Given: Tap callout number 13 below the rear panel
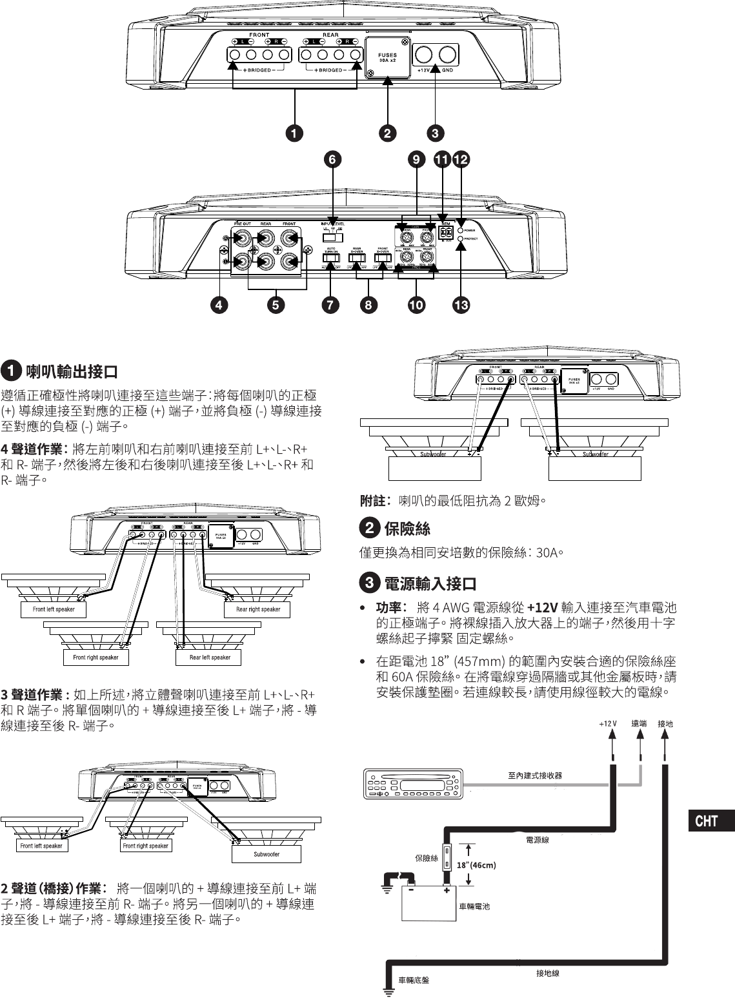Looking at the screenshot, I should (461, 304).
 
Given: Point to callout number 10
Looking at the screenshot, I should (416, 304).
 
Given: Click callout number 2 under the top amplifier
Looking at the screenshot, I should (387, 133).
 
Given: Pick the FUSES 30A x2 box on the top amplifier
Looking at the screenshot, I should (388, 57).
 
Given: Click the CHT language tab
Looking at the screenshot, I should (707, 821).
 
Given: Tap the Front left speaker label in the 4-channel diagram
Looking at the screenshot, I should (54, 609).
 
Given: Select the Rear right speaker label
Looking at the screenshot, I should (258, 609).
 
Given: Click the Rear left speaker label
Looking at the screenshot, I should (210, 657).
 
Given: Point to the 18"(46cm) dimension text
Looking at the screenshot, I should (476, 864).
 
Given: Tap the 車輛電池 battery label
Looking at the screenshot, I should (474, 906).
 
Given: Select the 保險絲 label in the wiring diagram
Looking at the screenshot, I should (427, 858).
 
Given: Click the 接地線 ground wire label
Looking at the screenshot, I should (548, 973).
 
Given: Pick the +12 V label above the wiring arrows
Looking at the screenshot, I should (608, 724).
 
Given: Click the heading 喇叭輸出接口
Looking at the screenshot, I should (71, 372).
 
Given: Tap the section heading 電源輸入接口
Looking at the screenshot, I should (430, 584).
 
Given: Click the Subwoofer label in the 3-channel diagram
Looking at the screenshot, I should (267, 854).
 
